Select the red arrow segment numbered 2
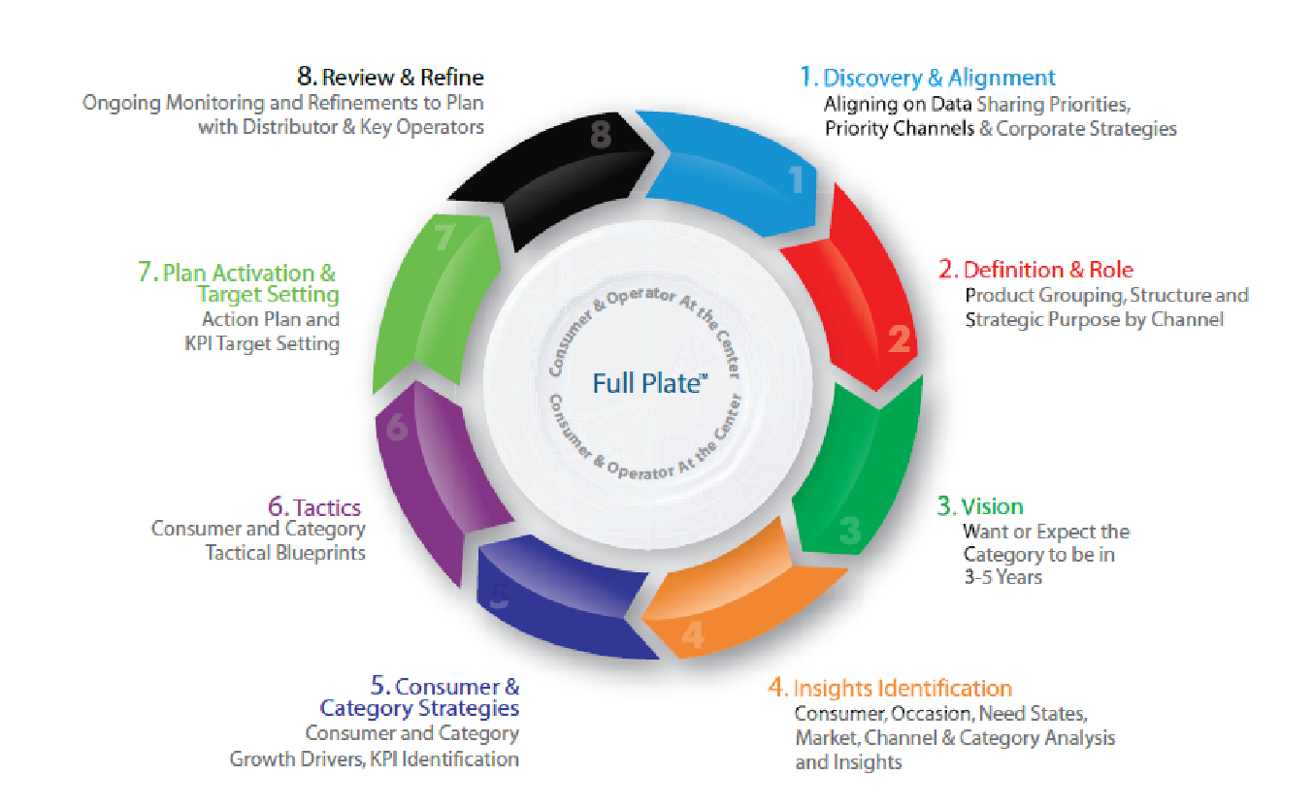857,293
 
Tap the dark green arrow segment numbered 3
863,469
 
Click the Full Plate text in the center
650,383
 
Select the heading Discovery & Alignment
938,78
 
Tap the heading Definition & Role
1048,270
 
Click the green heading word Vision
992,506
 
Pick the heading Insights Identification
903,689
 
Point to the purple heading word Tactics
327,507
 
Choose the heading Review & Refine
403,78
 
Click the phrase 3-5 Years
1003,577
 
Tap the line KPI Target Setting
262,343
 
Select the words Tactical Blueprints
285,553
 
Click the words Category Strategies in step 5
419,709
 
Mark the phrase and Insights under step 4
848,762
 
